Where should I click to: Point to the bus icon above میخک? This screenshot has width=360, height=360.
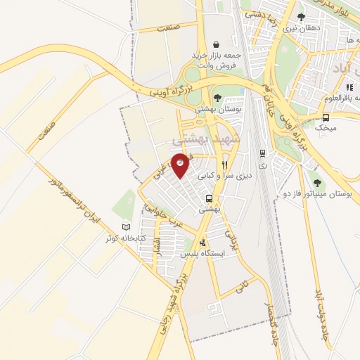tap(326, 117)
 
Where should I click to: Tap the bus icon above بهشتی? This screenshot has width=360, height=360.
tap(209, 198)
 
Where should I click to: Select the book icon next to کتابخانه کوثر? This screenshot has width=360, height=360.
tap(127, 227)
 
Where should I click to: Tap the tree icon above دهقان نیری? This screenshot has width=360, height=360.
tap(301, 18)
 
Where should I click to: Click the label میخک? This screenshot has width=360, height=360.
tap(327, 129)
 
